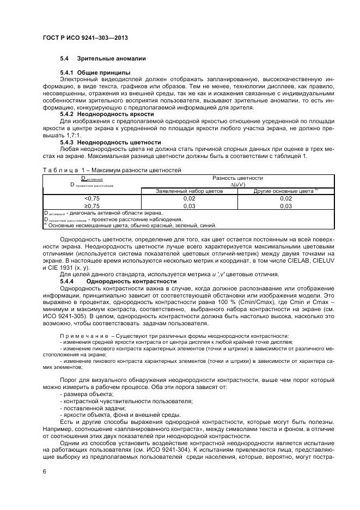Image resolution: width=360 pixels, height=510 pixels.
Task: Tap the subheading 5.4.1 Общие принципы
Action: click(95, 72)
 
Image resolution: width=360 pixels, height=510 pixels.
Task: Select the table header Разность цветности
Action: click(237, 178)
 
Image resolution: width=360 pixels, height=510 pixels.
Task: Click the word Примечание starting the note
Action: click(84, 335)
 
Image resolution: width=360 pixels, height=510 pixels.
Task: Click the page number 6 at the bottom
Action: click(44, 472)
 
